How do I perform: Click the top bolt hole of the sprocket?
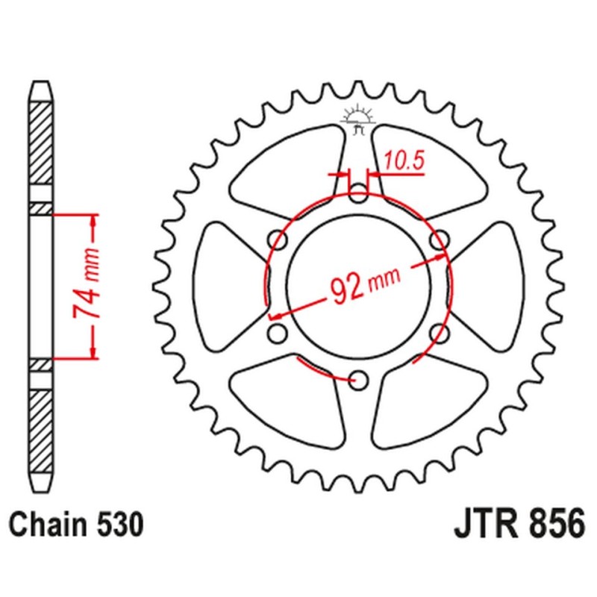[x=359, y=196]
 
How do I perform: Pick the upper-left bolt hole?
[x=279, y=240]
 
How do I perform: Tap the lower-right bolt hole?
[x=439, y=333]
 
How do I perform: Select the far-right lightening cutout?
[x=493, y=287]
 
